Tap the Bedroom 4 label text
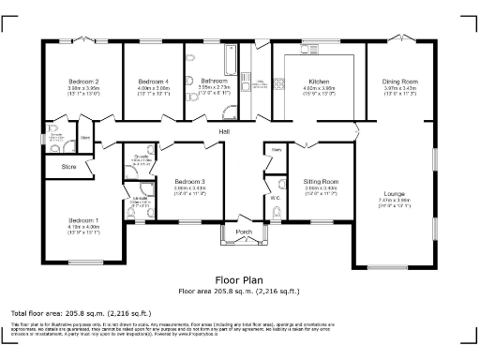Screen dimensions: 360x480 [x=154, y=82]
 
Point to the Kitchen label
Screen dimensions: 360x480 [x=319, y=82]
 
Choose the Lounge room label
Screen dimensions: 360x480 [x=394, y=193]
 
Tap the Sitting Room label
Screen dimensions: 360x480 [x=320, y=181]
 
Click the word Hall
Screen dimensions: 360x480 [x=226, y=131]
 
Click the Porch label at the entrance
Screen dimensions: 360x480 [x=244, y=232]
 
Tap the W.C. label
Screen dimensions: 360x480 [x=276, y=198]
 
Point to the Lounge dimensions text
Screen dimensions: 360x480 [x=394, y=201]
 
